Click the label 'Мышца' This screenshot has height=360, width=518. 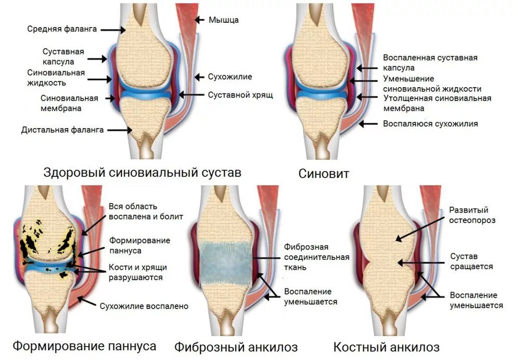[x=223, y=20]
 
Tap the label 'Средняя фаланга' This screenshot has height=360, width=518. [x=62, y=29]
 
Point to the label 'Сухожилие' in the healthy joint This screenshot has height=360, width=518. [x=229, y=77]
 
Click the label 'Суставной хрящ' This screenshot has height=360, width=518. [x=240, y=95]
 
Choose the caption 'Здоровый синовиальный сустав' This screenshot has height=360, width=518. [x=142, y=173]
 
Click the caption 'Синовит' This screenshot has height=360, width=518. [x=323, y=174]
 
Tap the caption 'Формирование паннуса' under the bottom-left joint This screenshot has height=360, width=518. [x=84, y=345]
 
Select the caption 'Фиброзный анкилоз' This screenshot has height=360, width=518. [x=236, y=346]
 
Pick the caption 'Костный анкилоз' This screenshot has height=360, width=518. [x=386, y=347]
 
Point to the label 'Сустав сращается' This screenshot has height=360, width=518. [x=471, y=261]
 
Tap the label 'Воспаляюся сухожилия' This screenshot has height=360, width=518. [x=430, y=124]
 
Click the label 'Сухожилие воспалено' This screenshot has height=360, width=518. [x=144, y=306]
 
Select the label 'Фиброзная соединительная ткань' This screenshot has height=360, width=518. [x=316, y=257]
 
